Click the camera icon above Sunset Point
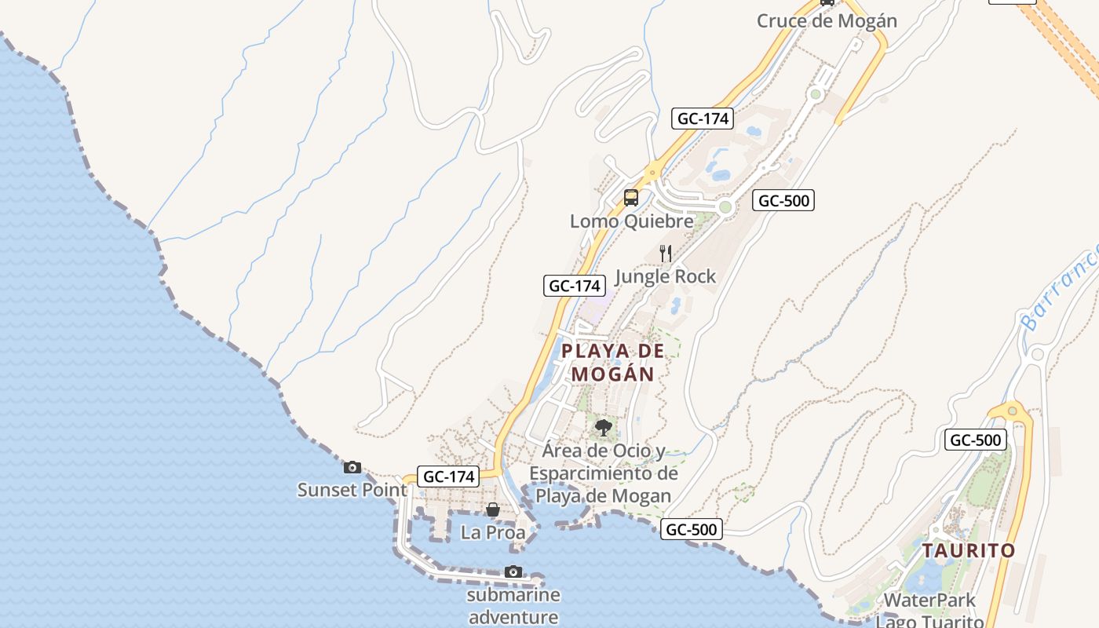[352, 467]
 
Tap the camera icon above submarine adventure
[513, 571]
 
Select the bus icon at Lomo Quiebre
[631, 198]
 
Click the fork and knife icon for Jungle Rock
[666, 253]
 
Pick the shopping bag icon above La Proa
[492, 510]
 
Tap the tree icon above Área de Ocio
[603, 428]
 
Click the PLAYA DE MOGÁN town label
[613, 363]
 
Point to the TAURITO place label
[969, 550]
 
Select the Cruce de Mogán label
[827, 21]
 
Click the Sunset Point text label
[352, 490]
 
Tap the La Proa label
[493, 532]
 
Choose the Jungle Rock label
[666, 276]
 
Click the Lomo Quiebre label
[632, 221]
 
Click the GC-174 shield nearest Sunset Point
[450, 476]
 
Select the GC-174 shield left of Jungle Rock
[575, 286]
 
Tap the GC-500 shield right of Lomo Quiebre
[783, 200]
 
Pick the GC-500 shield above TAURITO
[976, 440]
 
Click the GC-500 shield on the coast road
[692, 529]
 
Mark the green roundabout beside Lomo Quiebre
[725, 207]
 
